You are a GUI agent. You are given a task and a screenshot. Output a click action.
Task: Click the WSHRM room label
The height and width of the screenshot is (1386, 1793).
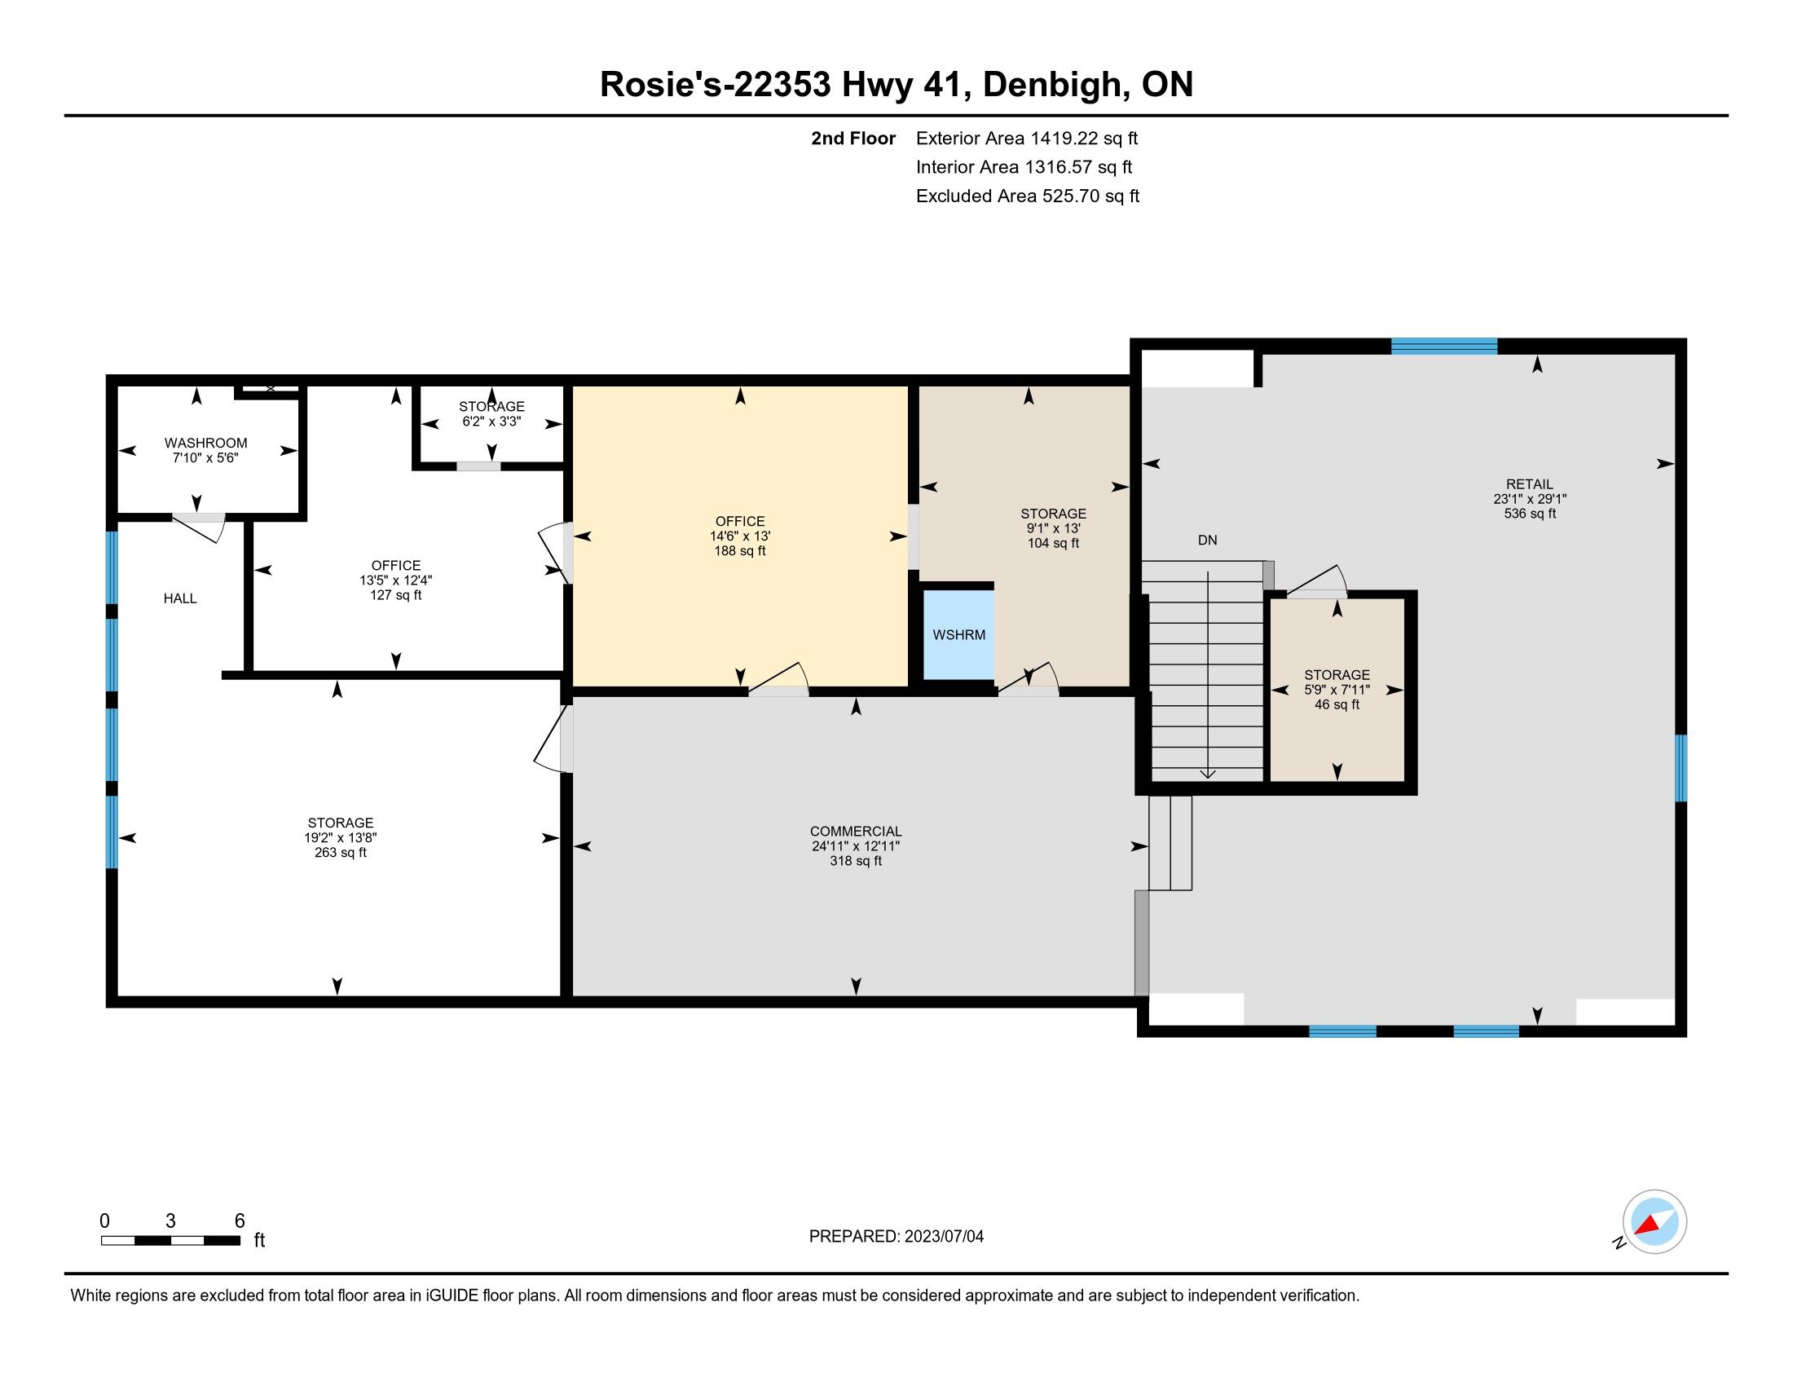tap(959, 634)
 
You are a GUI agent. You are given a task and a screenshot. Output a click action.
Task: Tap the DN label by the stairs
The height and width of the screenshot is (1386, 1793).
tap(1207, 541)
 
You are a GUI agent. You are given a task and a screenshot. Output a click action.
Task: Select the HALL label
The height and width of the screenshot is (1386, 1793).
tap(180, 598)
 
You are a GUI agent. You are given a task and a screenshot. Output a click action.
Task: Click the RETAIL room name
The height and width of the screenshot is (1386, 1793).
tap(1530, 484)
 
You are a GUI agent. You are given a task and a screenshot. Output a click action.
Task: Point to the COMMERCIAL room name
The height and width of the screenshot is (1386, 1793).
tap(856, 832)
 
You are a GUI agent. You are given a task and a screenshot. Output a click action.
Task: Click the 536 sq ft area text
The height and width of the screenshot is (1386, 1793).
tap(1530, 514)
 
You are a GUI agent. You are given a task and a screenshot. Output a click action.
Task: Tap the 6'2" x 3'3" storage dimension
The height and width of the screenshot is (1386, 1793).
tap(491, 422)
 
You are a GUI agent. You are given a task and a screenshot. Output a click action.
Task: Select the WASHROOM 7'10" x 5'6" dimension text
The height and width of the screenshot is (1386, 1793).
tap(205, 458)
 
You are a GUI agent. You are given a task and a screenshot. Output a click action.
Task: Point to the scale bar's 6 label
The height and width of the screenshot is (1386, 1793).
tap(240, 1221)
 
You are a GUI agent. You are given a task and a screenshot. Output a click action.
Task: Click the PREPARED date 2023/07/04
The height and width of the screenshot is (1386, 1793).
tap(944, 1237)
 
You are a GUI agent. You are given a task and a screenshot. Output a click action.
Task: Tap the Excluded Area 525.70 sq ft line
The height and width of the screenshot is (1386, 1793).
tap(1028, 196)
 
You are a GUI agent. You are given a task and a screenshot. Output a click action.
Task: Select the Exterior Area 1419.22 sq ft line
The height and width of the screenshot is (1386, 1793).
tap(1027, 139)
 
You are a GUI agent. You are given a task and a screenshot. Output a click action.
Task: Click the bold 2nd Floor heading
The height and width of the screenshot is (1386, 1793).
tap(853, 139)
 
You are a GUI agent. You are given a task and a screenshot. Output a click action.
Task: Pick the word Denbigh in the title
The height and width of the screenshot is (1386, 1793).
tap(1053, 86)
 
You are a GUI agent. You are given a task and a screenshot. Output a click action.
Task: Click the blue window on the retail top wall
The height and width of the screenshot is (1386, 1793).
tap(1444, 346)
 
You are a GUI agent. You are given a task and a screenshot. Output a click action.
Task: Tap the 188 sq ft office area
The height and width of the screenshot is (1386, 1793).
tap(740, 551)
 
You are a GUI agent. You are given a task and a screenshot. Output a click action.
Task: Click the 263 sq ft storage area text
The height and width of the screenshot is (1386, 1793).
tap(340, 852)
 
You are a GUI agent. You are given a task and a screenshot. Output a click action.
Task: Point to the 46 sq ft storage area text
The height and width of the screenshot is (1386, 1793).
tap(1337, 704)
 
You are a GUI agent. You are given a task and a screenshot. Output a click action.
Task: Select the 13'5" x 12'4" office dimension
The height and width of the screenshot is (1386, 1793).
tap(396, 580)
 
